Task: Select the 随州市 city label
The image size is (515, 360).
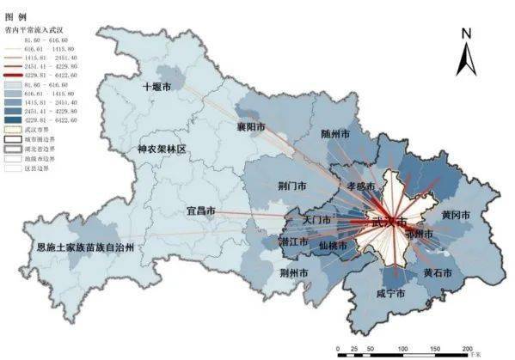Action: click(335, 135)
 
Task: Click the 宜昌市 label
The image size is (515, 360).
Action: click(200, 210)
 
